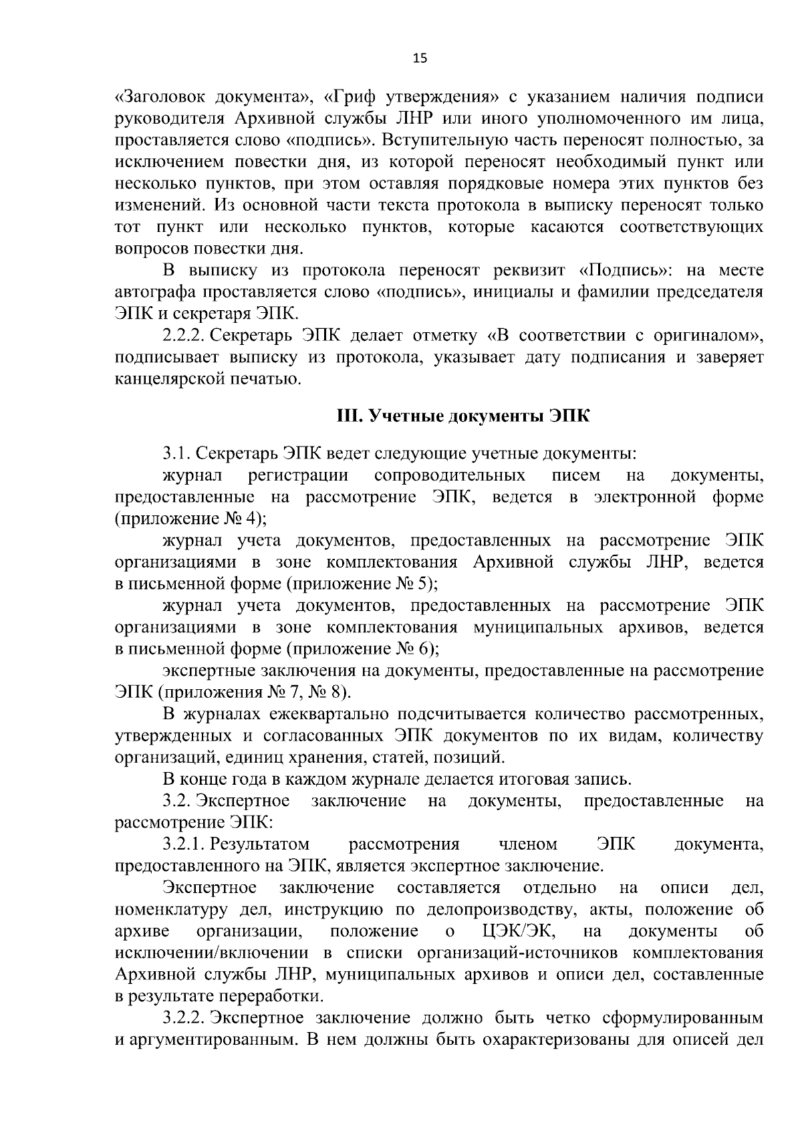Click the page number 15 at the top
(x=420, y=57)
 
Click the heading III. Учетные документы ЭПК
(x=462, y=416)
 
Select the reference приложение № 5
(x=362, y=584)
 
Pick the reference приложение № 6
(x=362, y=648)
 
